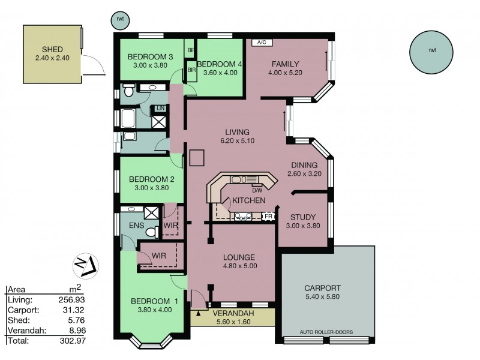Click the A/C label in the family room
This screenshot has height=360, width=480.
click(261, 43)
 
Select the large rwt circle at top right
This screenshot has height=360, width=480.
click(432, 50)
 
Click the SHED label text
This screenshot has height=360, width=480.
click(53, 49)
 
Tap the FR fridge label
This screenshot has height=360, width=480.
click(268, 216)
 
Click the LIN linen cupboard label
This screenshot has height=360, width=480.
click(160, 108)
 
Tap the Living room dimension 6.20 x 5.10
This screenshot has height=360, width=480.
click(237, 142)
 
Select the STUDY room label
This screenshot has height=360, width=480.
click(302, 217)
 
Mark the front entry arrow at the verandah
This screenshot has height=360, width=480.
click(199, 313)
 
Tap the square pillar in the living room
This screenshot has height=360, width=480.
click(197, 157)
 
